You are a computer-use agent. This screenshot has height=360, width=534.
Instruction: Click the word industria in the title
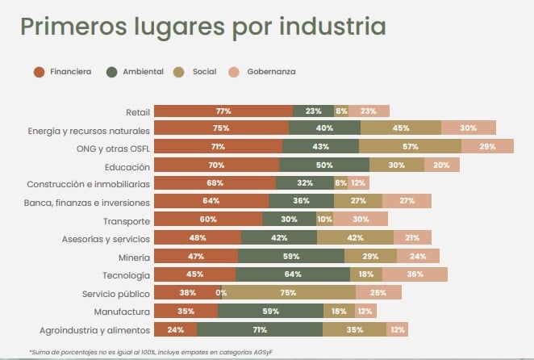pyautogui.click(x=332, y=26)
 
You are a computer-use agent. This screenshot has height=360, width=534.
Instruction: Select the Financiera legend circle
pyautogui.click(x=39, y=72)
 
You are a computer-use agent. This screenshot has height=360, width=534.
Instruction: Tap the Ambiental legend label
pyautogui.click(x=142, y=72)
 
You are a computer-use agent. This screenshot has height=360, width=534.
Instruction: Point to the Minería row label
pyautogui.click(x=133, y=257)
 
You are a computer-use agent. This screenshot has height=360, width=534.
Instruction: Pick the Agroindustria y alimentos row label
pyautogui.click(x=95, y=329)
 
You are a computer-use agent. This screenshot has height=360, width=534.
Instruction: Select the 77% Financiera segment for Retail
pyautogui.click(x=223, y=111)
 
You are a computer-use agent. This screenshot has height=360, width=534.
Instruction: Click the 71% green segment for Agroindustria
pyautogui.click(x=259, y=329)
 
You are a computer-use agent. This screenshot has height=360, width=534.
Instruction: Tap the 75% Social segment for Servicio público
pyautogui.click(x=286, y=293)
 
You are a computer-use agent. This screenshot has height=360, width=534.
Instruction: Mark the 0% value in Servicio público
pyautogui.click(x=221, y=293)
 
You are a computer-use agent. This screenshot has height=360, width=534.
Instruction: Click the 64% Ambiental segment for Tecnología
pyautogui.click(x=293, y=274)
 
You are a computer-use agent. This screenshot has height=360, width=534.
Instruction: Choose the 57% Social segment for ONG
pyautogui.click(x=410, y=147)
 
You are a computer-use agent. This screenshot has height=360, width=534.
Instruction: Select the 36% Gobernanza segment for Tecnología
pyautogui.click(x=415, y=274)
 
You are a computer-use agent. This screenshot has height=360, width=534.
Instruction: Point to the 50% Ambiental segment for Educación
pyautogui.click(x=324, y=165)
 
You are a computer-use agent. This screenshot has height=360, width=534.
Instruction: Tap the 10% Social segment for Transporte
pyautogui.click(x=324, y=220)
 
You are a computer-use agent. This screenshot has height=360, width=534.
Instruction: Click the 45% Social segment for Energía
pyautogui.click(x=401, y=128)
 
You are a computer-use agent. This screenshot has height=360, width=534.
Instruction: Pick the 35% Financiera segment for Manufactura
pyautogui.click(x=186, y=311)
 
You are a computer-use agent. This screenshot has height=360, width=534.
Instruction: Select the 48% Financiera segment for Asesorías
pyautogui.click(x=198, y=238)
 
